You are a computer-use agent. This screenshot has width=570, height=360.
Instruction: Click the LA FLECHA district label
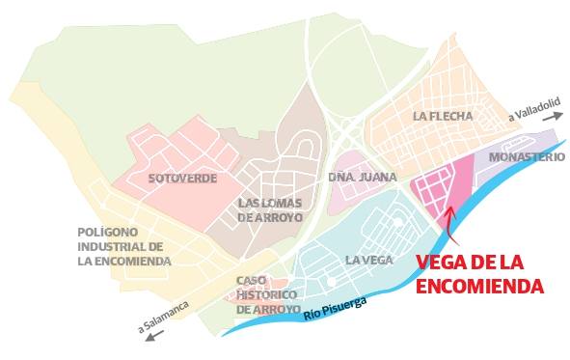point(444,118)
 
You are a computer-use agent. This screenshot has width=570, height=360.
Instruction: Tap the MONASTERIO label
point(527,156)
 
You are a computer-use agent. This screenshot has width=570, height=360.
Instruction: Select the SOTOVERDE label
point(182,179)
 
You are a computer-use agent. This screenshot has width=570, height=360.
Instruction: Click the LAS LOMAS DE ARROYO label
point(270,209)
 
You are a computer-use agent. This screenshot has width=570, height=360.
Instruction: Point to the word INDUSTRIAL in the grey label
point(122,246)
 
